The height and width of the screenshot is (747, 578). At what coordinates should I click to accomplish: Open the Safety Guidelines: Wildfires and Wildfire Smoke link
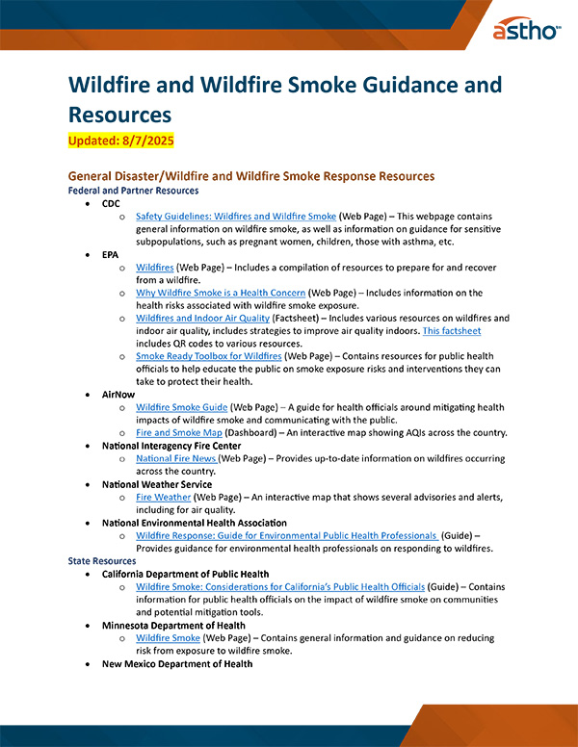[236, 217]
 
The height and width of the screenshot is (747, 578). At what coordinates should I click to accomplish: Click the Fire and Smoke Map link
[179, 432]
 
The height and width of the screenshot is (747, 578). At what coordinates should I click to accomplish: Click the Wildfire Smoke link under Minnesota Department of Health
[169, 637]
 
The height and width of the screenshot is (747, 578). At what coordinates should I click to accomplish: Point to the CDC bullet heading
[111, 204]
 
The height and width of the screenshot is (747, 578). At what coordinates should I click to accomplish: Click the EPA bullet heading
[111, 255]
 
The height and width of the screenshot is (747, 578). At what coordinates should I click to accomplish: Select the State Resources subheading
[102, 560]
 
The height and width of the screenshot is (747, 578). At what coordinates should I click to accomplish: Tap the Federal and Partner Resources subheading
[133, 191]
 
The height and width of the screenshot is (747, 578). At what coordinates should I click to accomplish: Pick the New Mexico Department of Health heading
[177, 663]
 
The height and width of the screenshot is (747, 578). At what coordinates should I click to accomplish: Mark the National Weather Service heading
[156, 484]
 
